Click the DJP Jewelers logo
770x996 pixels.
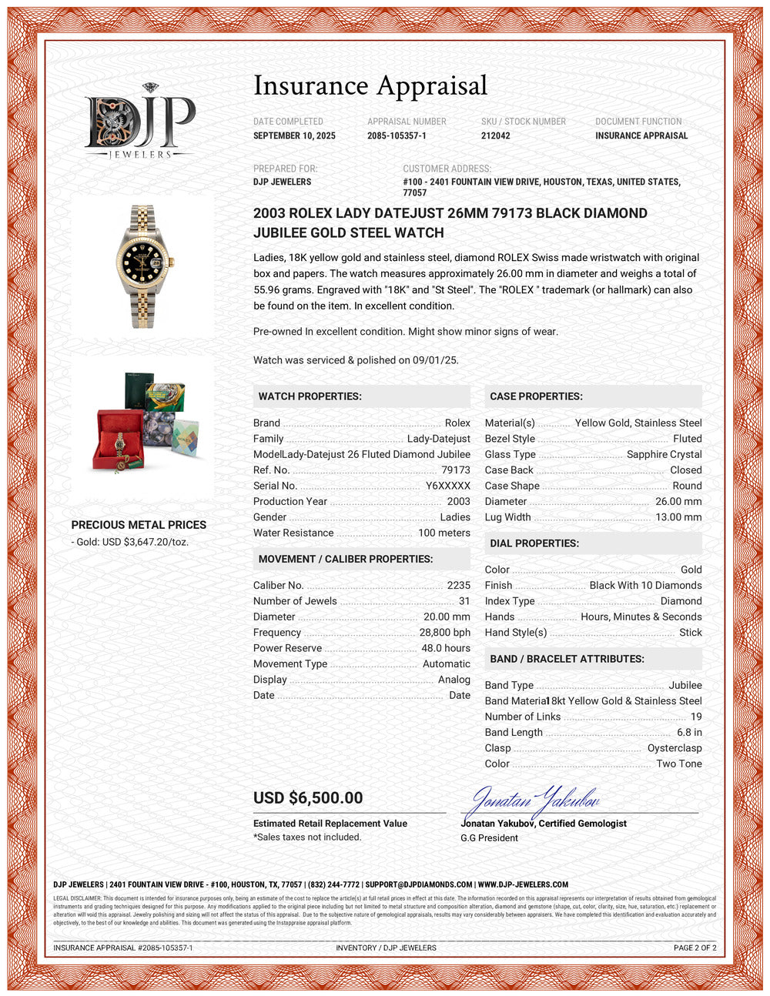139,122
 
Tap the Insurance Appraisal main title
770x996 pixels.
370,85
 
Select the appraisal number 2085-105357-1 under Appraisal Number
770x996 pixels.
397,135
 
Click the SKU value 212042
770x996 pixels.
495,135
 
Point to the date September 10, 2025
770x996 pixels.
294,135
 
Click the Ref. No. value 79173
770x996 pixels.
455,470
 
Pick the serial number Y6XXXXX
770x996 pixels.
447,486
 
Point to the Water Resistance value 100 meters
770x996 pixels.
444,533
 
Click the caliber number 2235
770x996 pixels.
458,585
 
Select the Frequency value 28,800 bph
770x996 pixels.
444,632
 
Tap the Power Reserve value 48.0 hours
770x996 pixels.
445,648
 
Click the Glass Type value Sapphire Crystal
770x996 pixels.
664,454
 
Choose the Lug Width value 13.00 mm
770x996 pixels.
678,517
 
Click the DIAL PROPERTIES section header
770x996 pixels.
534,543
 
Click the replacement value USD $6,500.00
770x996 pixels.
308,798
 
